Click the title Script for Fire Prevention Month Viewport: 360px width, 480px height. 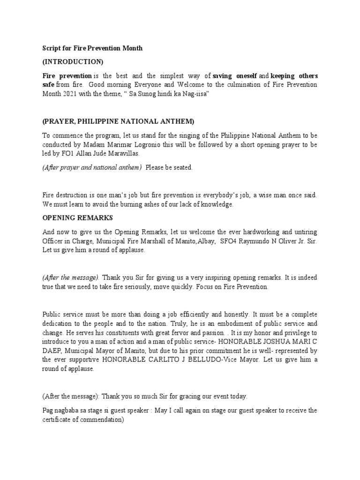92,48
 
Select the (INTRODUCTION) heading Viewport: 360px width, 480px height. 73,62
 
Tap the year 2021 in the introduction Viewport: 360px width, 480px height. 71,94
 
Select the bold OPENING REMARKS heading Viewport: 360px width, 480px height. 77,218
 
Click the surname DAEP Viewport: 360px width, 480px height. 52,351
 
